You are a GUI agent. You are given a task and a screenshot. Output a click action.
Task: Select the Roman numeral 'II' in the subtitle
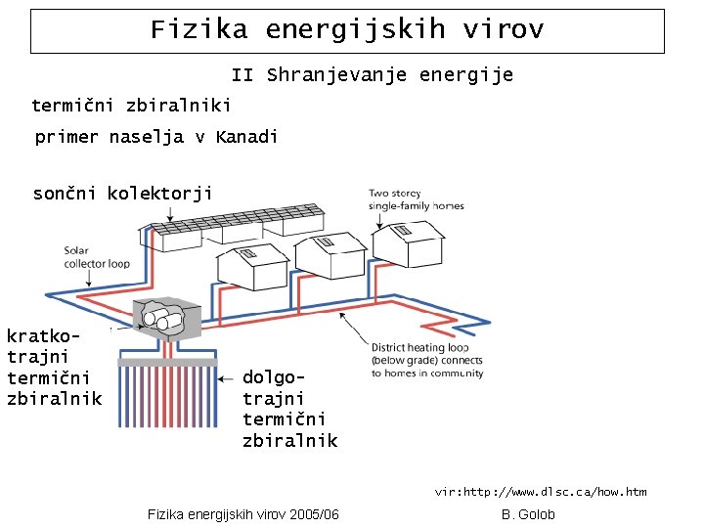pyautogui.click(x=242, y=75)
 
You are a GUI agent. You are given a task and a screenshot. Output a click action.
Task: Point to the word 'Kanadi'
pyautogui.click(x=246, y=137)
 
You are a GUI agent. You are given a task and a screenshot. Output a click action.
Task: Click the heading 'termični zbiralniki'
pyautogui.click(x=131, y=105)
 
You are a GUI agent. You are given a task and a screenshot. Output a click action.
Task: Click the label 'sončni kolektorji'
pyautogui.click(x=122, y=194)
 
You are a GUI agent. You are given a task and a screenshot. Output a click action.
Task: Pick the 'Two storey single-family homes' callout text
pyautogui.click(x=416, y=199)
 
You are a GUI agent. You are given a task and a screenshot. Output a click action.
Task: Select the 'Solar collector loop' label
pyautogui.click(x=97, y=257)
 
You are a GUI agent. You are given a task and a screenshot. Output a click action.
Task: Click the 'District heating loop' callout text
pyautogui.click(x=426, y=360)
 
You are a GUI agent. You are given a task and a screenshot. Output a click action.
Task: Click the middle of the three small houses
pyautogui.click(x=330, y=255)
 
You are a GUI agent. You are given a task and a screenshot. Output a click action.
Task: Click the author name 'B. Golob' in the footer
pyautogui.click(x=528, y=514)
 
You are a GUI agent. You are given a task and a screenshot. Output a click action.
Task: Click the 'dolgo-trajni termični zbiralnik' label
pyautogui.click(x=289, y=409)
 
